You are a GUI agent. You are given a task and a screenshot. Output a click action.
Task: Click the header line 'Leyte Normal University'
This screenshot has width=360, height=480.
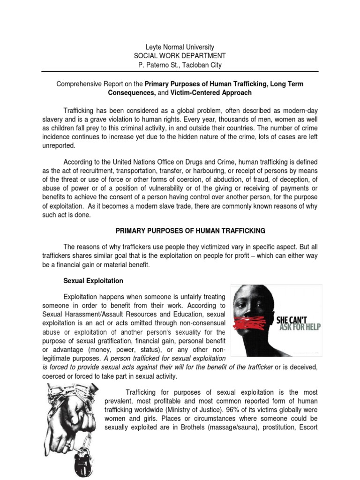pos(180,47)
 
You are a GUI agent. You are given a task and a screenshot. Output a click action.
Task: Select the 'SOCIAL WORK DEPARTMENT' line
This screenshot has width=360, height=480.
pos(180,56)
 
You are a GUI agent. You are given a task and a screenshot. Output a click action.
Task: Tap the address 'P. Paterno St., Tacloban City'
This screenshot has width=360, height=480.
pos(180,65)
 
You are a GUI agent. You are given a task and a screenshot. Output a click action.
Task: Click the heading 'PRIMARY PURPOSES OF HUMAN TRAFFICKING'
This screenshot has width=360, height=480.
pos(190,231)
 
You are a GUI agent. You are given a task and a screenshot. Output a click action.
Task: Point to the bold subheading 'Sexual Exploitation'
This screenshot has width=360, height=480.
pos(93,281)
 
